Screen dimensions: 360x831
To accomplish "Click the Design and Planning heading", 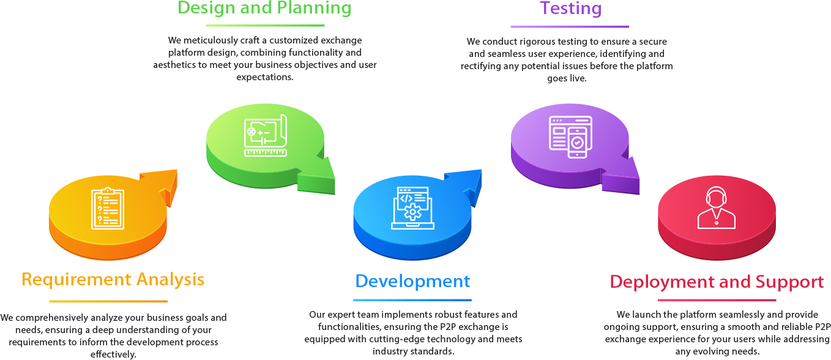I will click(264, 8).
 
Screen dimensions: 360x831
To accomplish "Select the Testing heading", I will click(570, 9).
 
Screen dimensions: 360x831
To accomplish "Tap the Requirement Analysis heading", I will click(113, 280).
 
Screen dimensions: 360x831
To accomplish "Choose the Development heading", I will click(412, 281).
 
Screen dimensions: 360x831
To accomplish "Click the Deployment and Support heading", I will click(716, 282).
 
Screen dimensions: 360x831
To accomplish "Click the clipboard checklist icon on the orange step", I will click(107, 209).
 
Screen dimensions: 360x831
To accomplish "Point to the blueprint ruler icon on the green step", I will click(266, 135).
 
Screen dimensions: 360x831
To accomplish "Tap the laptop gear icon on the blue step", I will click(412, 208).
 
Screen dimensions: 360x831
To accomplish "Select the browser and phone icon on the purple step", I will click(570, 137).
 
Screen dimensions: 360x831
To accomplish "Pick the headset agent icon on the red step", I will click(716, 208).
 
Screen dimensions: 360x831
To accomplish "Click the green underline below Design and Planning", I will click(265, 25).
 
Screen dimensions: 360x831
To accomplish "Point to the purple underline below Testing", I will click(570, 26).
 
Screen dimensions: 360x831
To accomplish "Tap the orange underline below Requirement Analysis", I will click(108, 301).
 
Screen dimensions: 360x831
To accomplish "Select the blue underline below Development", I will click(412, 300).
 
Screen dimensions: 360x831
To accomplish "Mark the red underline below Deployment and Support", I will click(717, 300).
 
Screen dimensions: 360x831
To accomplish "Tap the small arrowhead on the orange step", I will click(142, 176).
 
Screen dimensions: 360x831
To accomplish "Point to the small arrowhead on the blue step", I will click(446, 176).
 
